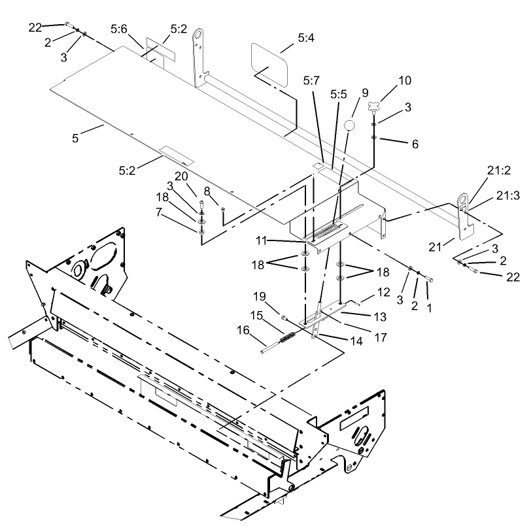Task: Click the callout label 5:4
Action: click(x=305, y=39)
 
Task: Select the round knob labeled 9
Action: click(x=351, y=125)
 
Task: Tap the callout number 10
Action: click(x=405, y=81)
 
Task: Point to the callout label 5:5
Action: click(x=338, y=95)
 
